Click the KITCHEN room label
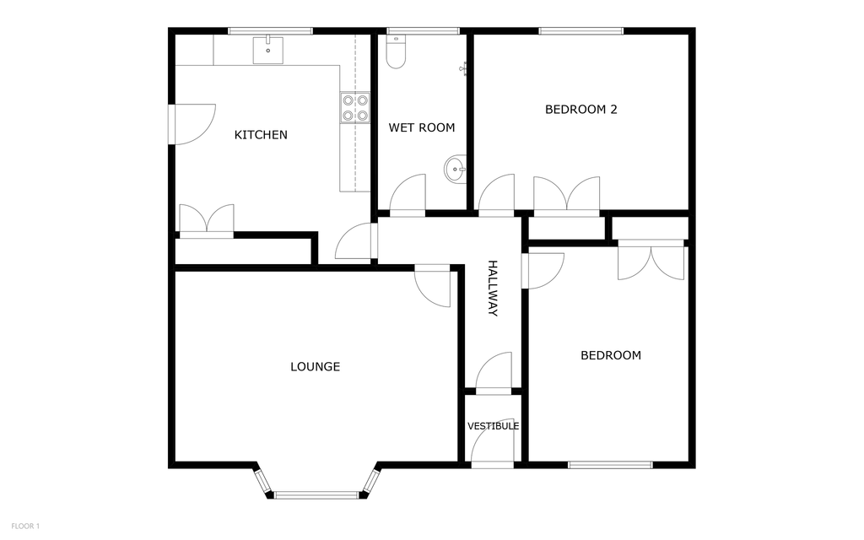[261, 135]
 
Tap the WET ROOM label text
[421, 128]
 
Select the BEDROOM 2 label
[581, 109]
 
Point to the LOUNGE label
[315, 366]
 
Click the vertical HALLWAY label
[493, 288]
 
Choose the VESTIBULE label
[493, 426]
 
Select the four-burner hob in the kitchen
[355, 107]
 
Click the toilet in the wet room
[395, 52]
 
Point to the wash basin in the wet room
[456, 170]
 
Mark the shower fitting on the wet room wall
[463, 68]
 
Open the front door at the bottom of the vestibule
[492, 447]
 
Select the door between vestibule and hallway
[494, 372]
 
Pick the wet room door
[408, 193]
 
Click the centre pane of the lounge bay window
[316, 495]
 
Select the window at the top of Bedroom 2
[581, 32]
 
